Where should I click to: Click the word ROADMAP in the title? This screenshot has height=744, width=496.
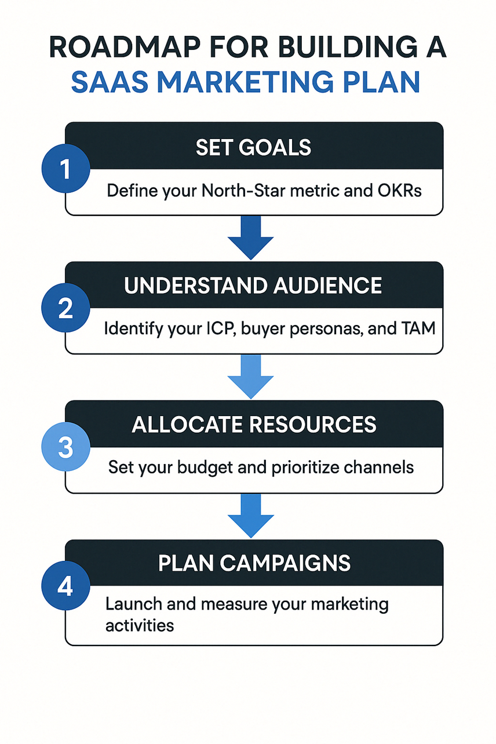(x=125, y=48)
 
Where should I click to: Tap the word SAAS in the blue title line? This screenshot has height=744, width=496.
(x=110, y=82)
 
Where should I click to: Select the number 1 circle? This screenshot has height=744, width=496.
(x=66, y=169)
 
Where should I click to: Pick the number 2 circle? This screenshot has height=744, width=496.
(x=66, y=308)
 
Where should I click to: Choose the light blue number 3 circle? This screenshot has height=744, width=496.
(x=66, y=447)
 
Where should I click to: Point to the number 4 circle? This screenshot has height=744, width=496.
(x=66, y=586)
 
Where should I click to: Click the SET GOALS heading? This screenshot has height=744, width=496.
(x=253, y=148)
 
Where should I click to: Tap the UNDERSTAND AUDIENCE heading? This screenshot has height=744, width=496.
(x=253, y=286)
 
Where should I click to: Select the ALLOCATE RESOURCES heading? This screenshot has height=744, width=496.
(x=254, y=425)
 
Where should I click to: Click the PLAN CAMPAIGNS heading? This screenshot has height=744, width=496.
(x=254, y=563)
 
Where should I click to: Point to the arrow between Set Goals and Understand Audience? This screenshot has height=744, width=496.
(x=251, y=238)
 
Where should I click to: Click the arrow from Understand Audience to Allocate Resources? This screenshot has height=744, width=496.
(x=251, y=377)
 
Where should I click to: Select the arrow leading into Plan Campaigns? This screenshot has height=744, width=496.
(x=251, y=516)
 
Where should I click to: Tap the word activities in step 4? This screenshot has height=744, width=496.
(x=140, y=625)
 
